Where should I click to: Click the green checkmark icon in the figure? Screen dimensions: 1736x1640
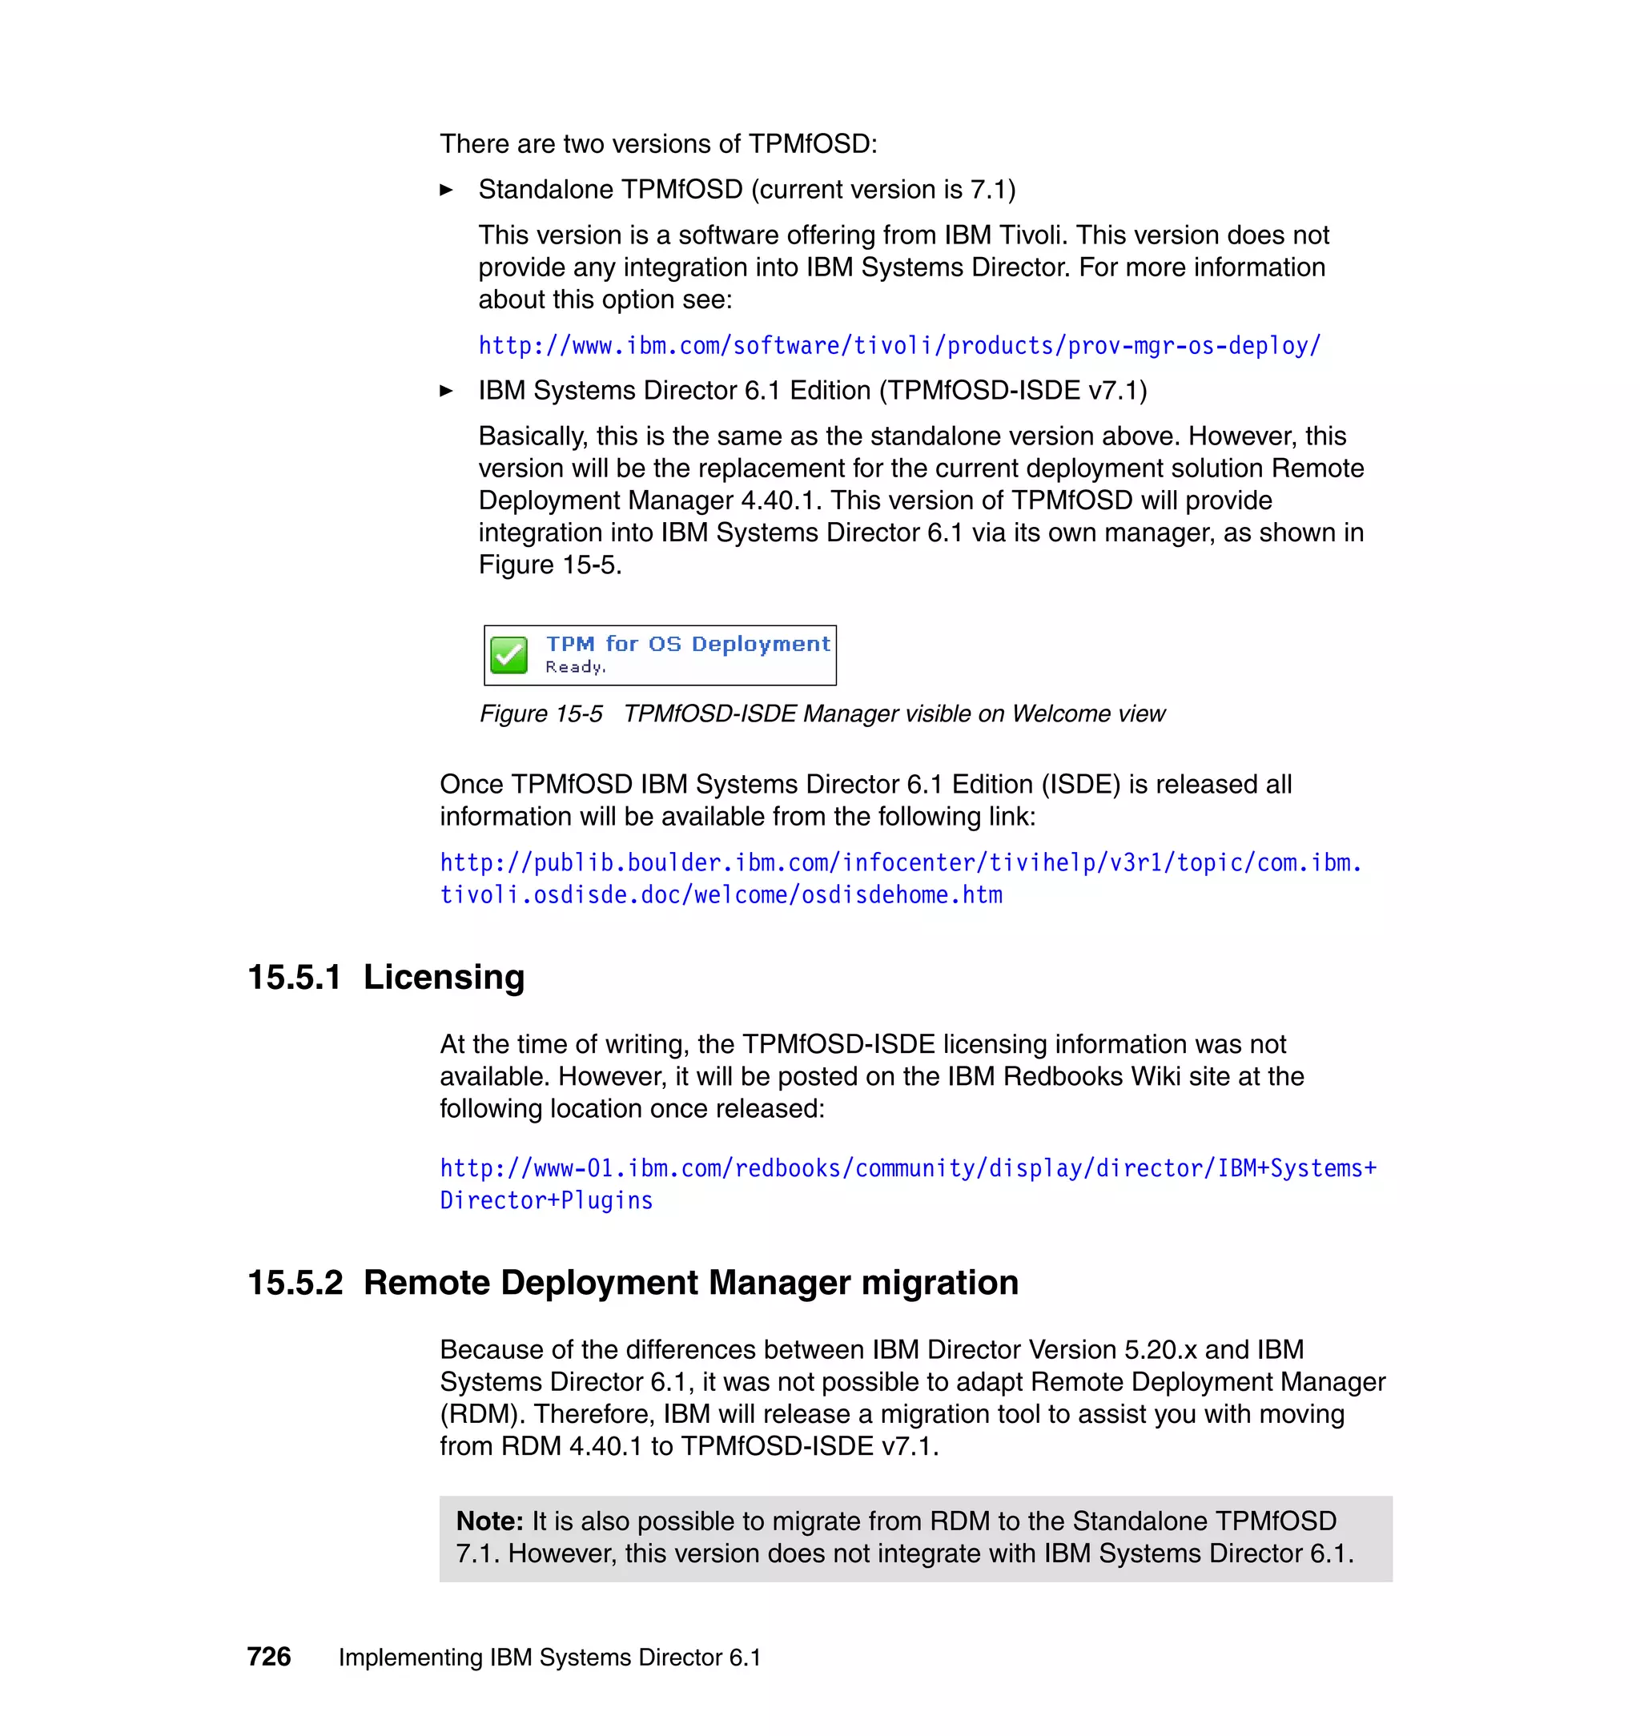coord(508,656)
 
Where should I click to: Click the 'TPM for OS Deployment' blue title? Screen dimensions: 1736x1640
coord(688,645)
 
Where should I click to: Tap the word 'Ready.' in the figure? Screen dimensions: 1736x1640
coord(575,667)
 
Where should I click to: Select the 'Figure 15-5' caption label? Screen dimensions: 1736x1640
coord(541,714)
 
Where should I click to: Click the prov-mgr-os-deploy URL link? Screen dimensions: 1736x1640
coord(898,346)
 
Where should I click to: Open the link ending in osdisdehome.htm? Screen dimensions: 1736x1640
coord(721,895)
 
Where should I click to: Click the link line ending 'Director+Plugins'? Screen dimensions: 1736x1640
coord(546,1201)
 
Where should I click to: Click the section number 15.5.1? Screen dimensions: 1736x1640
coord(294,977)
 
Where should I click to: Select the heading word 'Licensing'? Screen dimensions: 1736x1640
coord(444,977)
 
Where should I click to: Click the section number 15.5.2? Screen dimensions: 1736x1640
coord(295,1284)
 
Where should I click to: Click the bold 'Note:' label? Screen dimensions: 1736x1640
coord(489,1522)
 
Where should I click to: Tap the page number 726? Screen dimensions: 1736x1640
coord(268,1657)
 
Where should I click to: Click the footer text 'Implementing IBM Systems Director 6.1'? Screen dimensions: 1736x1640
coord(550,1658)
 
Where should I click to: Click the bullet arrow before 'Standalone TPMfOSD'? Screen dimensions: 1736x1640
coord(446,190)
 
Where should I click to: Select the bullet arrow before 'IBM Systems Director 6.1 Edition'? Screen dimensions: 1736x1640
coord(446,391)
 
